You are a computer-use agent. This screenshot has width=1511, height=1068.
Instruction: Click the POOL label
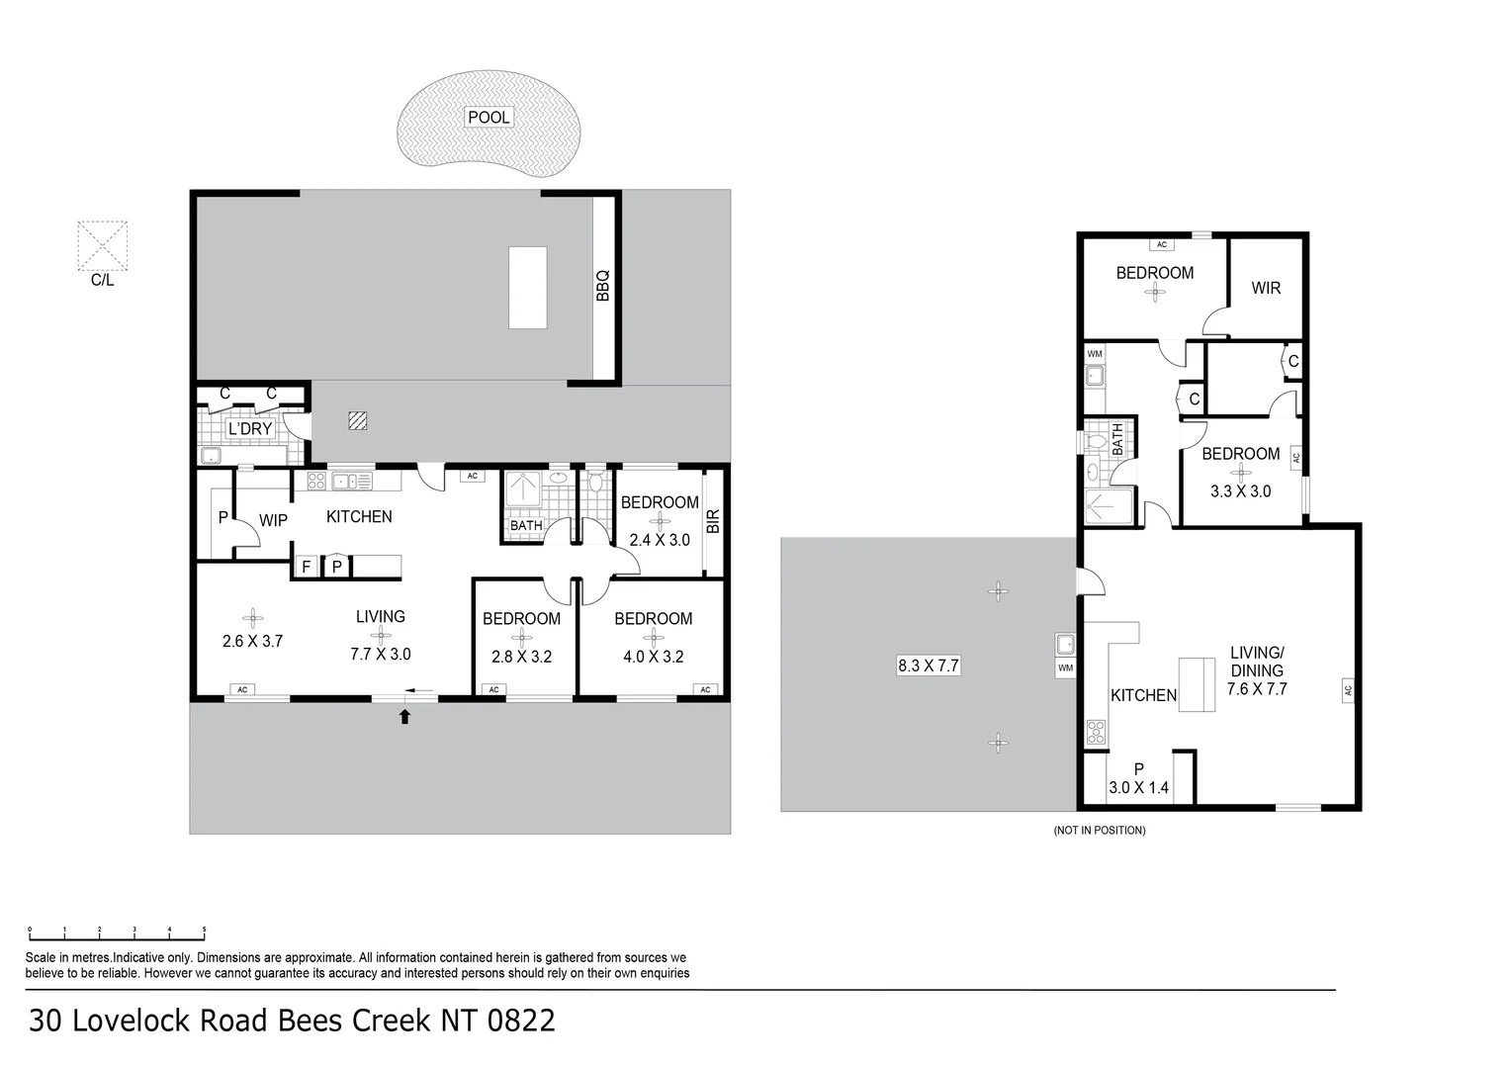point(489,118)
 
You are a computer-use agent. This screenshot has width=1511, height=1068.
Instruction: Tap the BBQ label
point(603,286)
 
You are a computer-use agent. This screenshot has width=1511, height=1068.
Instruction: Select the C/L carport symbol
point(103,245)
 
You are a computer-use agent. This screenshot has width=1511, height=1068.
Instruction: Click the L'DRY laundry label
point(250,428)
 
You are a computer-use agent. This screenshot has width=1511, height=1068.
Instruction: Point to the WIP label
point(273,520)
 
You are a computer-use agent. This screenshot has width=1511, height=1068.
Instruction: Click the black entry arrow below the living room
point(404,716)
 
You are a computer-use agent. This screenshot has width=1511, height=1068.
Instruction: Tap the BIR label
point(714,521)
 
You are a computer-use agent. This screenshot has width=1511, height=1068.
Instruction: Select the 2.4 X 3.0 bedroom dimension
point(660,540)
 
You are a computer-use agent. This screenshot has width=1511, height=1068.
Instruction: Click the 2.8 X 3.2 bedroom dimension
point(521,657)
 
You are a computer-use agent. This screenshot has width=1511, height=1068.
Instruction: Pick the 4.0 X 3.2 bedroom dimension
point(653,657)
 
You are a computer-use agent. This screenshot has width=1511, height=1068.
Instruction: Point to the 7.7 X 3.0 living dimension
point(381,654)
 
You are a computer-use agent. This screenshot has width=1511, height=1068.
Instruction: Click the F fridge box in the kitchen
point(307,567)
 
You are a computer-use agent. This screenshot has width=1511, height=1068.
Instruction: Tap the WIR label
point(1266,288)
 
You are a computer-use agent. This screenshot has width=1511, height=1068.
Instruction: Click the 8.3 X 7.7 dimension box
point(929,666)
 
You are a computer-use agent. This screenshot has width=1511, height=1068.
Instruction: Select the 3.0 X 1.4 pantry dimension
point(1138,787)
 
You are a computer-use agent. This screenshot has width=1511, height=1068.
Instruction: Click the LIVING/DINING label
point(1257,662)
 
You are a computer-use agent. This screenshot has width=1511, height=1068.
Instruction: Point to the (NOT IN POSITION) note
point(1100,830)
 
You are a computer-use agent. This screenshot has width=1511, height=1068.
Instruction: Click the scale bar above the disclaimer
point(117,934)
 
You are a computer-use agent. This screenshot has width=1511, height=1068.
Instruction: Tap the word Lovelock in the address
point(131,1021)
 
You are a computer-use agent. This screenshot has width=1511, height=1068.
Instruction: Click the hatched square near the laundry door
point(358,421)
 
